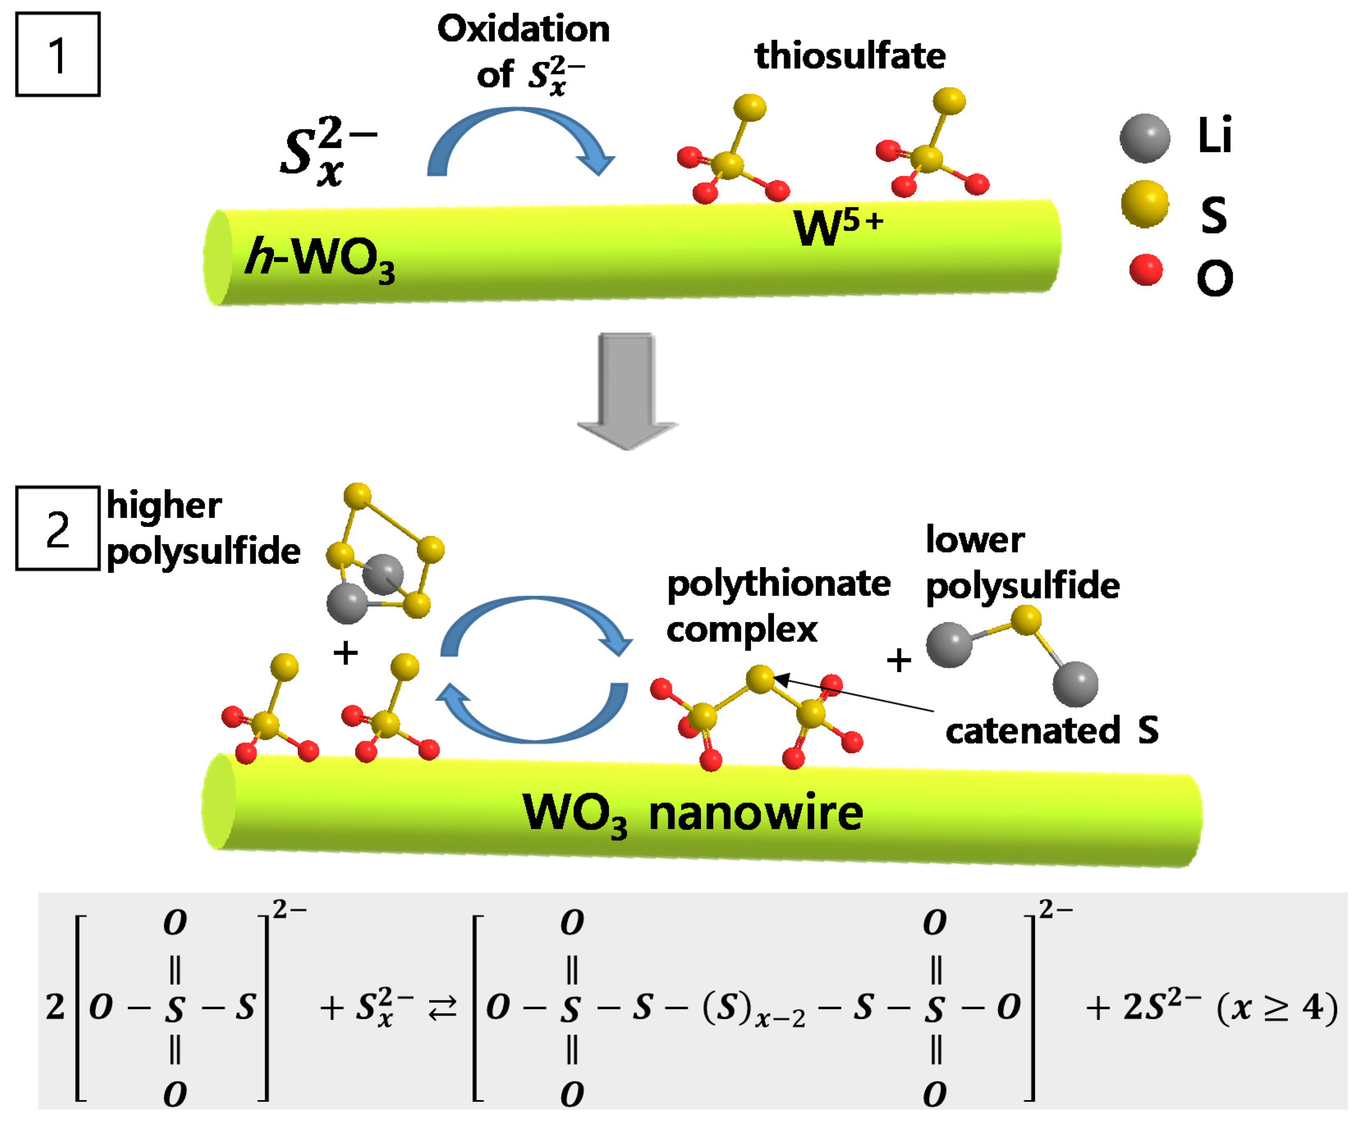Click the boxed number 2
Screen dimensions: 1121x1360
coord(57,529)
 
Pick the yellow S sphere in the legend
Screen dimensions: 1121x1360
coord(1145,204)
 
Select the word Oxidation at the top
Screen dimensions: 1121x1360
coord(523,29)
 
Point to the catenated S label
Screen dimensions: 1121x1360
coord(1051,730)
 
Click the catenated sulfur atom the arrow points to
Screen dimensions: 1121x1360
coord(760,679)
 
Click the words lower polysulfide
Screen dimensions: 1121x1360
coord(1022,563)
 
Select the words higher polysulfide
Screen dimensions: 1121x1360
coord(202,529)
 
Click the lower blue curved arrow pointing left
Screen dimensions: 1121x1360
coord(536,717)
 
